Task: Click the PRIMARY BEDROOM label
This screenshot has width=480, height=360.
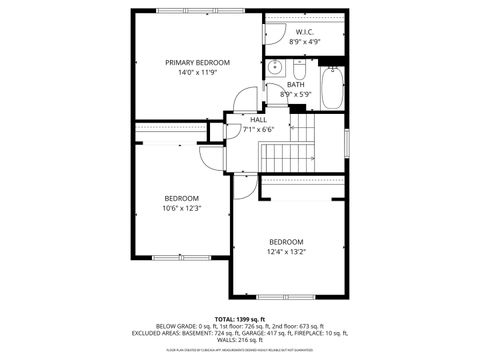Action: click(197, 62)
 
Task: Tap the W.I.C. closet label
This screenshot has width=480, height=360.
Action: click(306, 32)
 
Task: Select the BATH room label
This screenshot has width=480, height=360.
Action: click(296, 84)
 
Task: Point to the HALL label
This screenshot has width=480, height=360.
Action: click(258, 119)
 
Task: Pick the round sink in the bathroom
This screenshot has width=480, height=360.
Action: click(275, 67)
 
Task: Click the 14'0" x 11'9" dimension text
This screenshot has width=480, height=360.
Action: click(197, 73)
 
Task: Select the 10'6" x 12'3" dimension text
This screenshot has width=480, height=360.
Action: click(182, 208)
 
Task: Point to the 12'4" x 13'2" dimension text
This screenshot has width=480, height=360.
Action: click(286, 252)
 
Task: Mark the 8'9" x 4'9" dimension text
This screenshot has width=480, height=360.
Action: click(306, 42)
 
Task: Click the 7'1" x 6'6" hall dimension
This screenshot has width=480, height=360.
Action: click(258, 129)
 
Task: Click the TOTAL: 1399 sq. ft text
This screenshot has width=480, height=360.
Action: click(239, 317)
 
